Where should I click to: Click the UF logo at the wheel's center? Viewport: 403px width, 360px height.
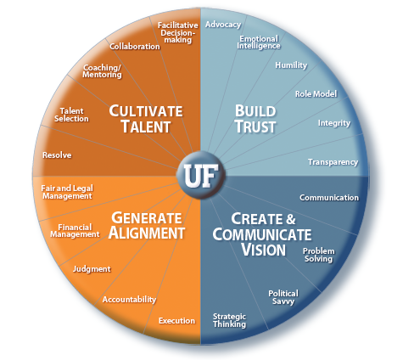(201, 175)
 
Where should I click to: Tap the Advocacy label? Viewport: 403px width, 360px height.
(223, 25)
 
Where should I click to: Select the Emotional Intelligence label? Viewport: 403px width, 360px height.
(259, 42)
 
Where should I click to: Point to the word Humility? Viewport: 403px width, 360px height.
(291, 65)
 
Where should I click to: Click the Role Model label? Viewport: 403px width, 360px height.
(316, 94)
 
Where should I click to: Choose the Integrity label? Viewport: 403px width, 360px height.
(334, 123)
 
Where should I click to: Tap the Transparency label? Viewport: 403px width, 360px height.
(333, 162)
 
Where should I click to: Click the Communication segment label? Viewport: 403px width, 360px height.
(329, 198)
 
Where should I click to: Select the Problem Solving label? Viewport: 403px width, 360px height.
(318, 255)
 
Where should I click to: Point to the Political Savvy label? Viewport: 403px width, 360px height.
(283, 297)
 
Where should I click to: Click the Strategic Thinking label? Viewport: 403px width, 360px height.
(229, 320)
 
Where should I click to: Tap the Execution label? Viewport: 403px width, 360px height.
(176, 321)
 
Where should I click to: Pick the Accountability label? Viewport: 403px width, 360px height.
(129, 300)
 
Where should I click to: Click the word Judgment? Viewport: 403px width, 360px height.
(92, 269)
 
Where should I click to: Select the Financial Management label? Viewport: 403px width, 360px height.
(75, 231)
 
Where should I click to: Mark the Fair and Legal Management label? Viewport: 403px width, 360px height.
(67, 192)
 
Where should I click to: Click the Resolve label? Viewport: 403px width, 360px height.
(57, 155)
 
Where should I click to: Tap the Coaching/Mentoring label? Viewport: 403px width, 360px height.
(102, 71)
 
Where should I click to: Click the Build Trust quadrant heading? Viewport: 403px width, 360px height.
(255, 119)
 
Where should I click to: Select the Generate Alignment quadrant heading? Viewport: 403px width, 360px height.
(147, 226)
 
